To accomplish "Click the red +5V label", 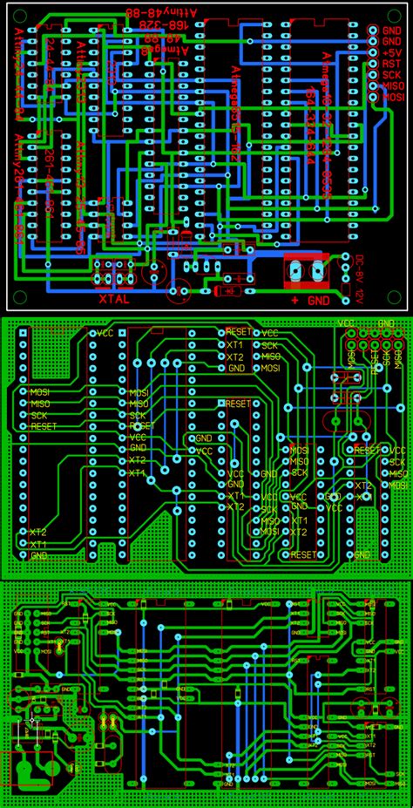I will coord(391,51).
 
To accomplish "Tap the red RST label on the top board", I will coord(391,63).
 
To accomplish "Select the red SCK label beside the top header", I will coord(391,75).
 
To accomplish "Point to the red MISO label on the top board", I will coord(394,86).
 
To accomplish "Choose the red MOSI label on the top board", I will coord(394,98).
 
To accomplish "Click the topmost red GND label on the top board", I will coord(391,29).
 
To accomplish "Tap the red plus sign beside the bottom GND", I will coord(295,300).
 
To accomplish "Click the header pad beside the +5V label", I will coord(375,51).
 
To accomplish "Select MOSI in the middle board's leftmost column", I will coord(41,392).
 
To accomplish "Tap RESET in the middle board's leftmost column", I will coord(43,426).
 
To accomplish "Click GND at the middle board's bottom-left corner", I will coord(38,554).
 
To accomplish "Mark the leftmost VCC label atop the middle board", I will coord(105,332).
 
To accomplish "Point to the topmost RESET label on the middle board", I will coord(238,332).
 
